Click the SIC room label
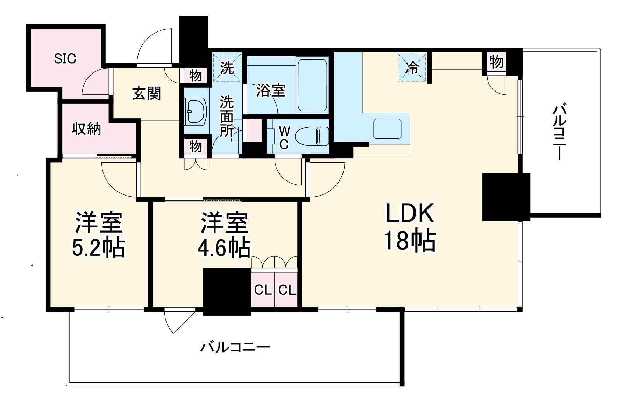pos(65,58)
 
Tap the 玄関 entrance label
pos(147,93)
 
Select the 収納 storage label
pos(86,129)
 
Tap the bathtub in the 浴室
pos(312,85)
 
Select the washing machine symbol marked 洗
pos(227,67)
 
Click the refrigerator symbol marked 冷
pos(412,67)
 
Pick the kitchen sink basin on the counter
pos(387,129)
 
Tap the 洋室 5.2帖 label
pos(98,234)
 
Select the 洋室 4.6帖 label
pos(224,234)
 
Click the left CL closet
pos(263,290)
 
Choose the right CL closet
pos(287,290)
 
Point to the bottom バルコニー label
pos(235,347)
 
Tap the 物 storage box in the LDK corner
pos(496,62)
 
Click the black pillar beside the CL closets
pos(227,291)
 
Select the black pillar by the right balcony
pos(506,197)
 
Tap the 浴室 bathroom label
pos(271,90)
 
